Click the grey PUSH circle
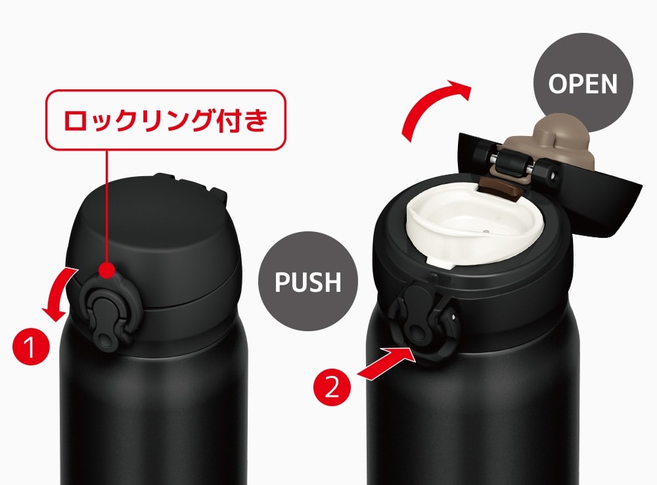click(x=308, y=281)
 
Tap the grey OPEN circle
click(x=583, y=83)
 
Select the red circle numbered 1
click(x=31, y=346)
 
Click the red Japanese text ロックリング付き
click(x=166, y=120)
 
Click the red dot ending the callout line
click(x=108, y=270)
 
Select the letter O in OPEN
click(x=558, y=84)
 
